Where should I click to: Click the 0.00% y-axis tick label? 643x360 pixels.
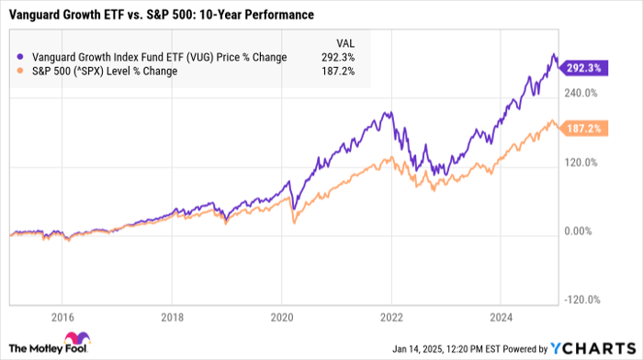(x=583, y=231)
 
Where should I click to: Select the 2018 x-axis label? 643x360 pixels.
(x=173, y=319)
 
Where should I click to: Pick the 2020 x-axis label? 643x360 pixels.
(x=282, y=319)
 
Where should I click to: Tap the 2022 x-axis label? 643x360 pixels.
(x=391, y=319)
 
